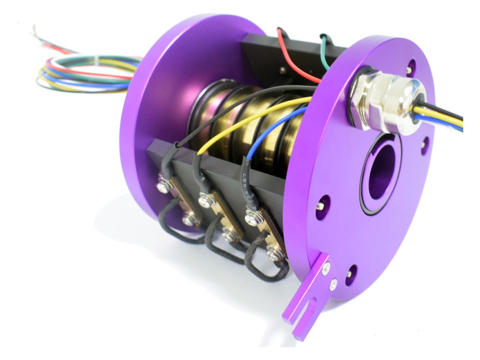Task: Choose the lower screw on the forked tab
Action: (x=333, y=285)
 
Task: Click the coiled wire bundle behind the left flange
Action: (x=88, y=74)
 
